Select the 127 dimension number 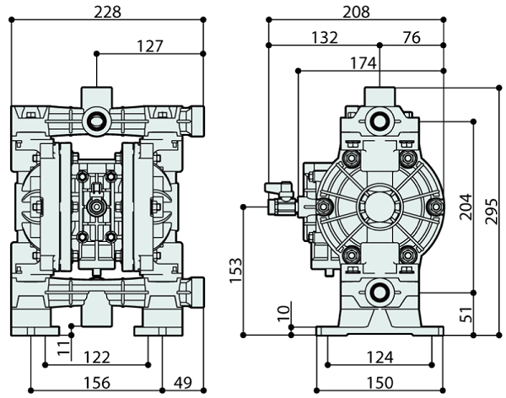(x=150, y=46)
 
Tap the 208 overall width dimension (x=355, y=12)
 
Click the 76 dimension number (x=412, y=37)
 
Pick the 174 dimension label (x=361, y=62)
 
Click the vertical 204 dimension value (x=466, y=206)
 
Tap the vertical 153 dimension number (x=235, y=270)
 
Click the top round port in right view (x=379, y=120)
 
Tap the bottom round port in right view (x=379, y=292)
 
